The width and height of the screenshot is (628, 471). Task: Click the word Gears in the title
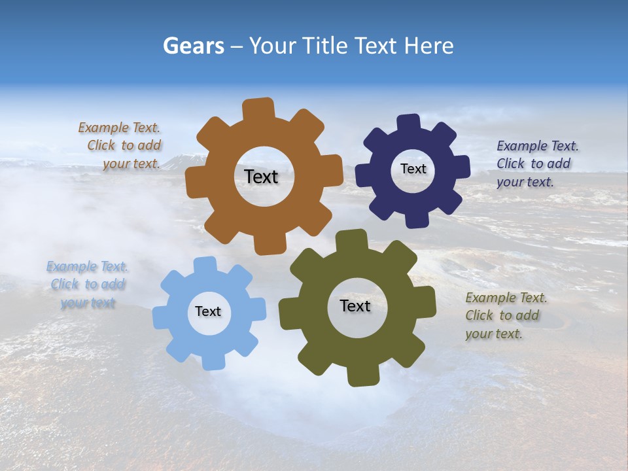click(194, 46)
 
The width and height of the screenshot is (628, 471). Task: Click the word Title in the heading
click(327, 46)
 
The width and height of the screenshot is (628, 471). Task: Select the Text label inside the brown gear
click(261, 177)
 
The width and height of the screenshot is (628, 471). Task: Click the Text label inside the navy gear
click(413, 169)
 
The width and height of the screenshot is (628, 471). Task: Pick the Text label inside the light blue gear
click(208, 311)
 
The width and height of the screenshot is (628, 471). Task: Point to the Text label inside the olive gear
click(355, 305)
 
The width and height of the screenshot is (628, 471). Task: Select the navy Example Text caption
click(537, 164)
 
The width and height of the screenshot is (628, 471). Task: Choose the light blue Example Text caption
click(88, 285)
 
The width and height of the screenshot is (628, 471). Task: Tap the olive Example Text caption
click(506, 315)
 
